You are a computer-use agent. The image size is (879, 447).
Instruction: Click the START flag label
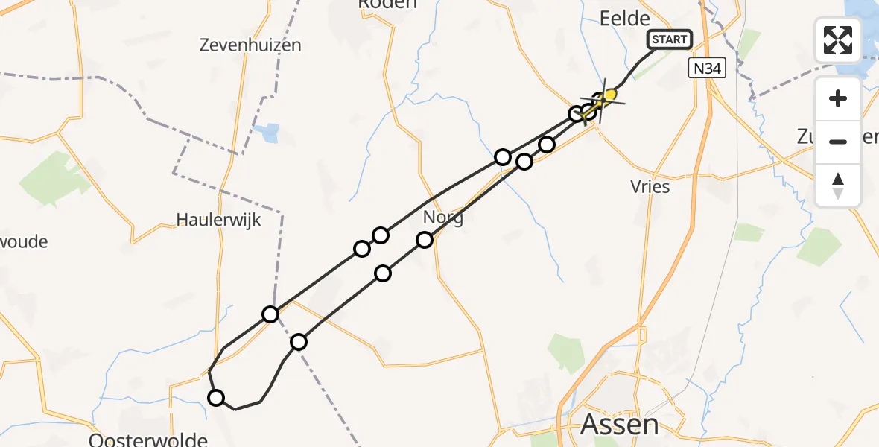coord(670,39)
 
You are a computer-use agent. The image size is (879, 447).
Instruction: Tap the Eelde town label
coord(625,18)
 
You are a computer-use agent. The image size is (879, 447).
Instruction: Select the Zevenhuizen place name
coord(250,45)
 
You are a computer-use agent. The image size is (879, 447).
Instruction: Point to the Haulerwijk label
coord(218,220)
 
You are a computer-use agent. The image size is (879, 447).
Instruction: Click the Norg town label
coord(442,218)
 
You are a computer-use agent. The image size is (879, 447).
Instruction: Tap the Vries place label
coord(650,186)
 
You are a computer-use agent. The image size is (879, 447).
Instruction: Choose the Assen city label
coord(619,425)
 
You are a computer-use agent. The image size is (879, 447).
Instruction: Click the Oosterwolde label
coord(147,439)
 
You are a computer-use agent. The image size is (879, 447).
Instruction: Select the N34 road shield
coord(705,69)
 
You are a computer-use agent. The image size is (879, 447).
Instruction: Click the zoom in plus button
coord(838,98)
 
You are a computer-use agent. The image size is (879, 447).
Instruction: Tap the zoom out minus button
coord(838,142)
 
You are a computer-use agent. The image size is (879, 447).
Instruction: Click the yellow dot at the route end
coord(611,95)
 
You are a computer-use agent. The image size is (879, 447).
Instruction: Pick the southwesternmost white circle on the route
coord(216,397)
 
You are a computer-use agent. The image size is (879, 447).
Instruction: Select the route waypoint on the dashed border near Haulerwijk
coord(270,314)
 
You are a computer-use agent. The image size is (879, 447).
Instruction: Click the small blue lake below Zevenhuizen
coord(266,133)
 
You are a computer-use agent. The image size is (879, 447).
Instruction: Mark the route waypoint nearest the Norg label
coord(424,239)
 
